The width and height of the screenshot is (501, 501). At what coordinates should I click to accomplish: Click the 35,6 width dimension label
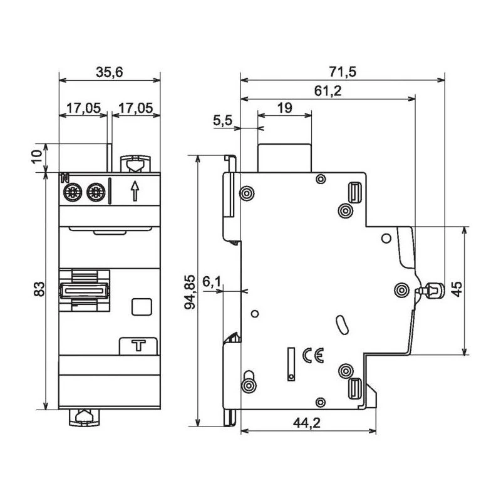pos(109,72)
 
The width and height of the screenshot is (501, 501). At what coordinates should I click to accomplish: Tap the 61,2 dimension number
pos(328,91)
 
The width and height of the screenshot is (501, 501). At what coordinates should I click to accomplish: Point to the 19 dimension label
pos(284,108)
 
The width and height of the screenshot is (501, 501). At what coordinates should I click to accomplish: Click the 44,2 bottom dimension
pos(307,424)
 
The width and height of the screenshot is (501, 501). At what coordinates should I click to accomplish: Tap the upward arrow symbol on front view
pos(134,190)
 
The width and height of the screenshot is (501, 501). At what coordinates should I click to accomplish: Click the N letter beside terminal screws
pos(64,179)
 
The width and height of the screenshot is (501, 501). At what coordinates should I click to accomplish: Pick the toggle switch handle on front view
pos(84,289)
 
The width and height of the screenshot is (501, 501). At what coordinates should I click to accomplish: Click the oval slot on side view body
pos(341,324)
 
